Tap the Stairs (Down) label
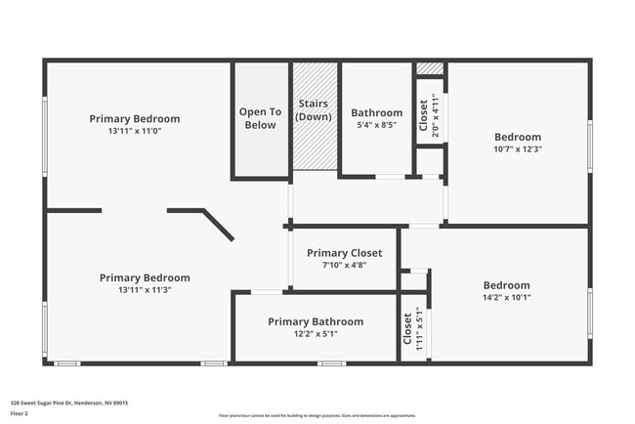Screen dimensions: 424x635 314,110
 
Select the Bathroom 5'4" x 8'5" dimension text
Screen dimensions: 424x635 376,125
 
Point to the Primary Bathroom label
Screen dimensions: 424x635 316,321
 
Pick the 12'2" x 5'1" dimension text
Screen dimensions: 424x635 316,334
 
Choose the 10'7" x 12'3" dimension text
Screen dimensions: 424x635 517,149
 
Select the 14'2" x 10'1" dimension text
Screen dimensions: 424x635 506,298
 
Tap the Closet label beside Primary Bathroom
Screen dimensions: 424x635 407,327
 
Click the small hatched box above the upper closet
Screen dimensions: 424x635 430,68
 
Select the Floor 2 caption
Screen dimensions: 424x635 21,412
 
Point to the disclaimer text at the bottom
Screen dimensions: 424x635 317,415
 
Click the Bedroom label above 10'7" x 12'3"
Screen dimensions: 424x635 517,137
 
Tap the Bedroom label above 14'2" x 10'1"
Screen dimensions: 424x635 506,285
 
